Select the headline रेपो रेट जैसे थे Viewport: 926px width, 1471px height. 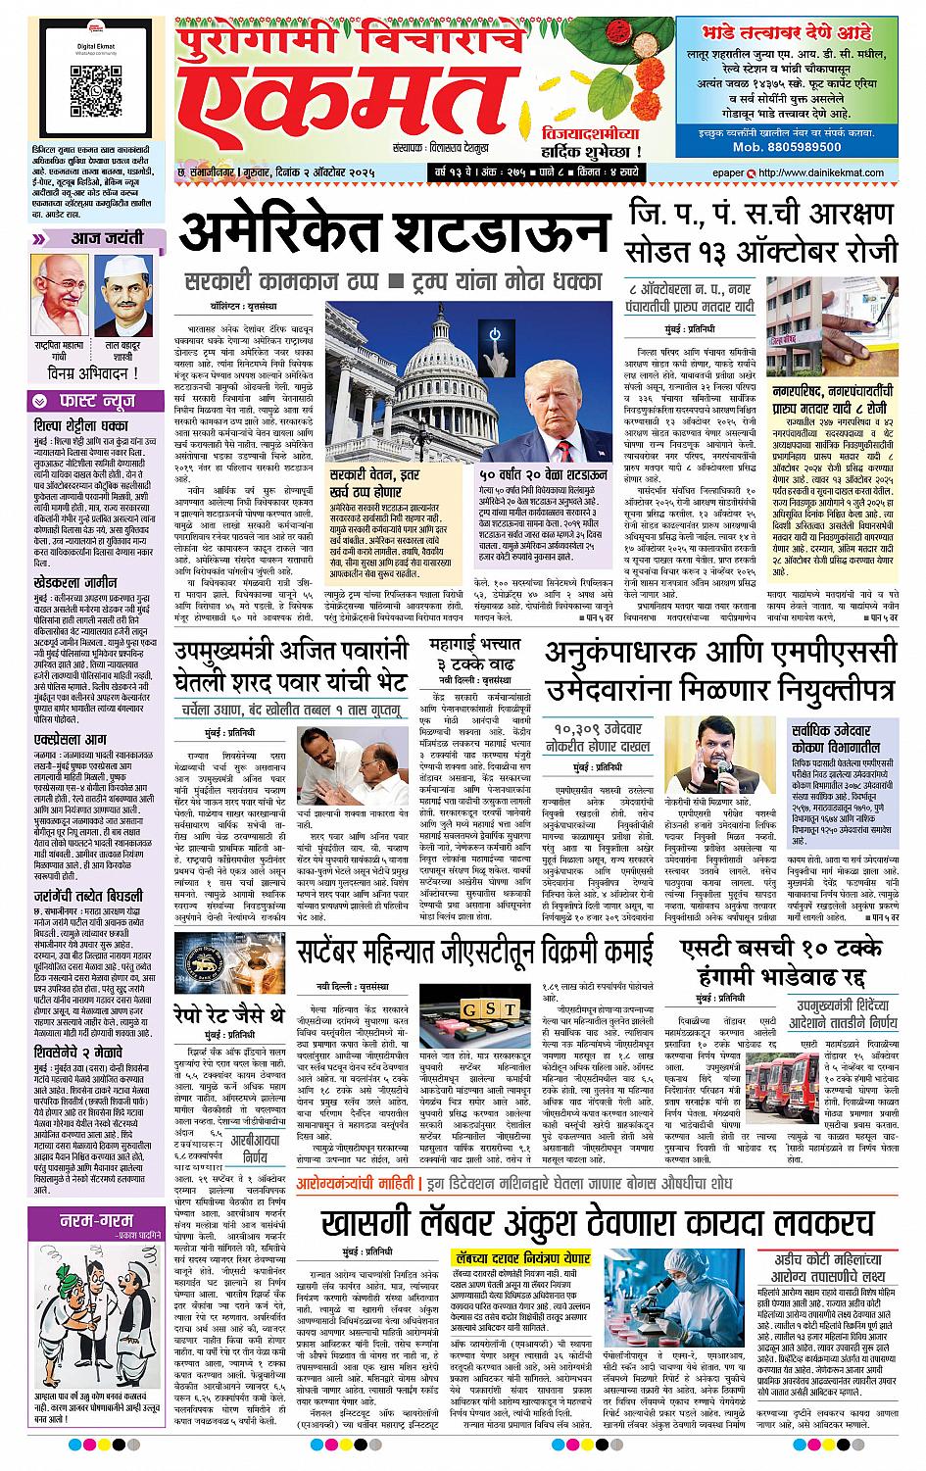pyautogui.click(x=229, y=1011)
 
